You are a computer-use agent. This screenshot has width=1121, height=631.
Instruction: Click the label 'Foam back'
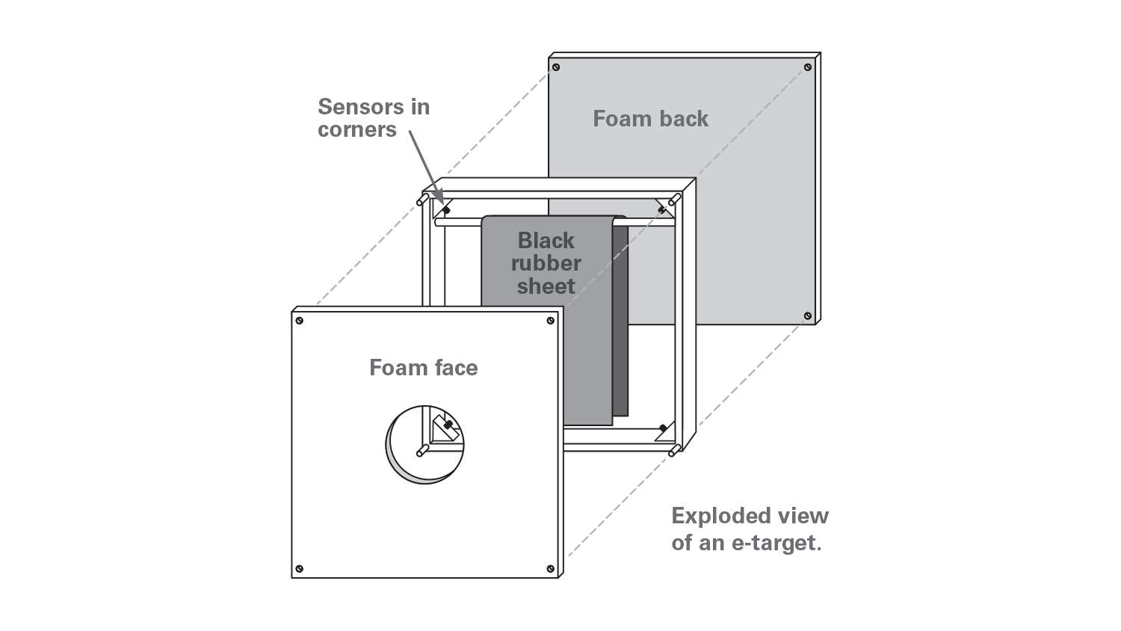pyautogui.click(x=650, y=119)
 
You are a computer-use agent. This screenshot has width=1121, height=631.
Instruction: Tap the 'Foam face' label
pyautogui.click(x=423, y=368)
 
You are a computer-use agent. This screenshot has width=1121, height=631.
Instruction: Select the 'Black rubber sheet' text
pyautogui.click(x=546, y=263)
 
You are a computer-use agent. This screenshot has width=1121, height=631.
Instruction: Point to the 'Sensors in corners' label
pyautogui.click(x=374, y=118)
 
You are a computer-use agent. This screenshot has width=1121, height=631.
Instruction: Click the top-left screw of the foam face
pyautogui.click(x=300, y=321)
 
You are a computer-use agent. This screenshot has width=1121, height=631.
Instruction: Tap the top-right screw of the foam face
pyautogui.click(x=551, y=321)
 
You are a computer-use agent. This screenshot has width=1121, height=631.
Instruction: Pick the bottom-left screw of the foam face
pyautogui.click(x=300, y=569)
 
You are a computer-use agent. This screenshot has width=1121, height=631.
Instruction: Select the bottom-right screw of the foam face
pyautogui.click(x=551, y=569)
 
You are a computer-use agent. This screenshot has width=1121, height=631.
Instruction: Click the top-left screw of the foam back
pyautogui.click(x=556, y=67)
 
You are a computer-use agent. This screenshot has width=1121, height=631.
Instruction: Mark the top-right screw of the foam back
pyautogui.click(x=808, y=67)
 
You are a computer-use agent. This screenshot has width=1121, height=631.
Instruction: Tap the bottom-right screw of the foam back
pyautogui.click(x=808, y=316)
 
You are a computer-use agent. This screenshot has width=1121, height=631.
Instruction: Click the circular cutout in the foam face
pyautogui.click(x=424, y=444)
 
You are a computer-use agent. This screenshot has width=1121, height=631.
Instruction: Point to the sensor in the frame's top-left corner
pyautogui.click(x=446, y=210)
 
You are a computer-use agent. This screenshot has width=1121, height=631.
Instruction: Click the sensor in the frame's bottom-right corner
pyautogui.click(x=663, y=428)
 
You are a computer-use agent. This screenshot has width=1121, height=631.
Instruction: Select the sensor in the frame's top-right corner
pyautogui.click(x=662, y=210)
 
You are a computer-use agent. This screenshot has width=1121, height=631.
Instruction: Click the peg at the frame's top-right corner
pyautogui.click(x=674, y=200)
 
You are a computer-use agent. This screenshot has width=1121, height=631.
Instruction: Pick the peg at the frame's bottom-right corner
pyautogui.click(x=674, y=451)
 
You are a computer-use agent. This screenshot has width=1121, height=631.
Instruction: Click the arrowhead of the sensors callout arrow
pyautogui.click(x=441, y=198)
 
